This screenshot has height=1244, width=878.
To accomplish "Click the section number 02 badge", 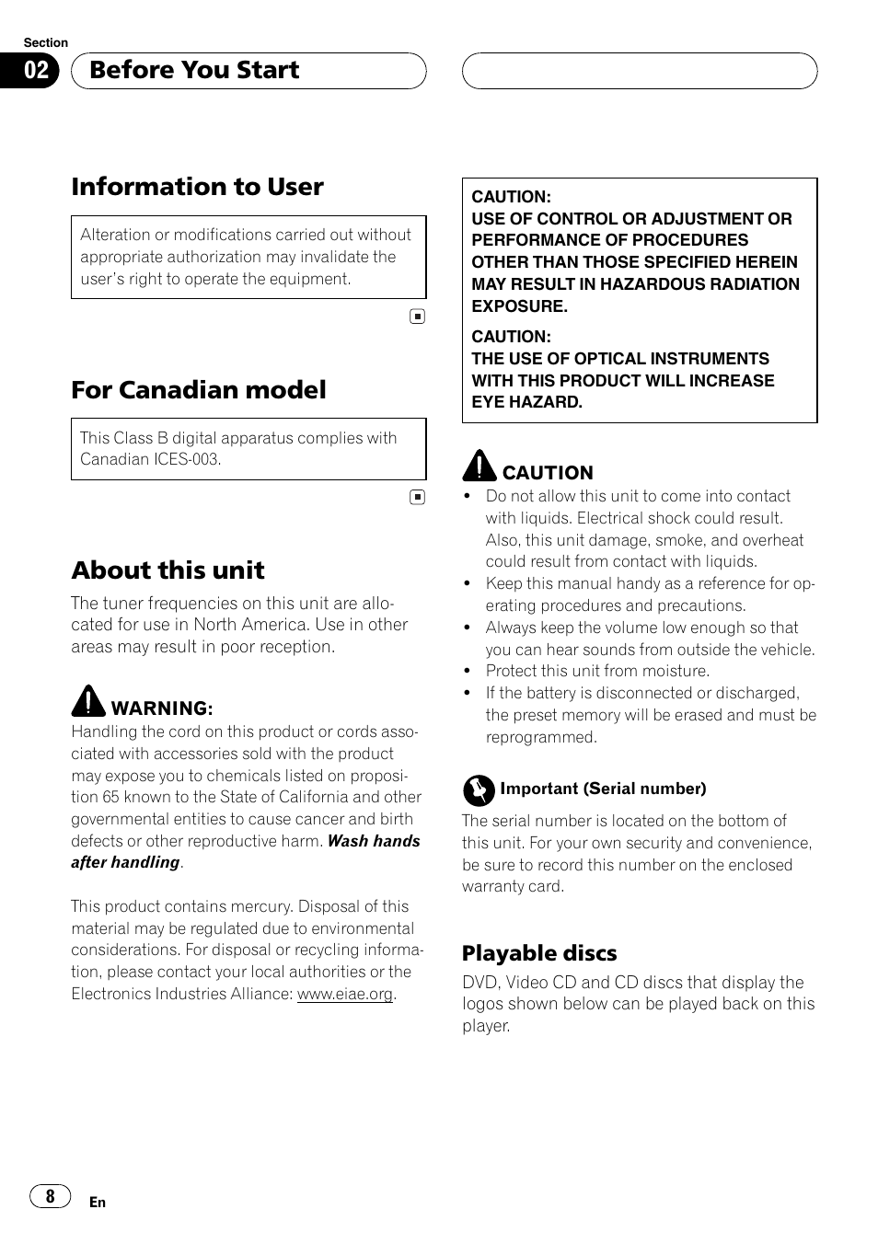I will tap(36, 71).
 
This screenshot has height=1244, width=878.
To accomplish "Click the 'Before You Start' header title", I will tap(194, 70).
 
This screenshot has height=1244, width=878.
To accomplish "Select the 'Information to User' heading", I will tap(197, 187).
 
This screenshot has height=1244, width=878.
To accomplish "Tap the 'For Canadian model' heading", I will tap(199, 390).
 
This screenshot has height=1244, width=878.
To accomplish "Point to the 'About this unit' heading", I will tap(168, 570).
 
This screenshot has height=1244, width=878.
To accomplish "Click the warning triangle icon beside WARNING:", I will tap(88, 702).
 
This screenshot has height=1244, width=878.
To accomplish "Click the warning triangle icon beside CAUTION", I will tap(479, 466).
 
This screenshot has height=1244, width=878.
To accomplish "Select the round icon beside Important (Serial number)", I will tap(479, 789).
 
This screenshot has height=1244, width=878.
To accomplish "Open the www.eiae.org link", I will tap(345, 994).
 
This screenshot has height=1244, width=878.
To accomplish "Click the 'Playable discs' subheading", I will tap(539, 953).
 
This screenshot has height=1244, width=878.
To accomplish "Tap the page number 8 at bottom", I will tap(50, 1196).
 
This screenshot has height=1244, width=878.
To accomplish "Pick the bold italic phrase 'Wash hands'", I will tap(374, 841).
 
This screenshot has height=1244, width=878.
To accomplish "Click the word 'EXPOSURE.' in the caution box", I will tap(519, 306).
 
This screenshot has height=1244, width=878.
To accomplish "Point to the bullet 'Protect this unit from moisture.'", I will tap(597, 671).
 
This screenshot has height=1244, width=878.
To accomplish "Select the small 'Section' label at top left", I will tap(45, 43).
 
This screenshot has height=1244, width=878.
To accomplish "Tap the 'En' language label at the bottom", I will tap(98, 1203).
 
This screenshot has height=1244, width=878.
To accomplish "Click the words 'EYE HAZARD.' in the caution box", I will tap(526, 402).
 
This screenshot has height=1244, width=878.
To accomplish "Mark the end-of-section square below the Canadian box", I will tap(417, 498).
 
